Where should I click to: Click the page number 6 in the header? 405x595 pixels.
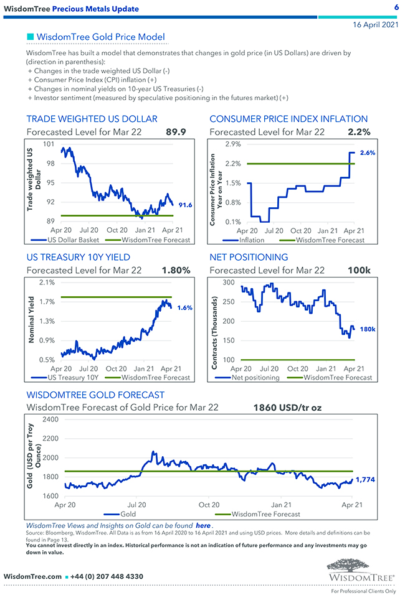(x=396, y=7)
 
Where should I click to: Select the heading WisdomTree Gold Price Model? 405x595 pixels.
(x=101, y=37)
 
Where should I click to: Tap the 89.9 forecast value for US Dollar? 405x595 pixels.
(x=176, y=132)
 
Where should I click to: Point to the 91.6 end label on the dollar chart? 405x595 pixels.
(x=184, y=205)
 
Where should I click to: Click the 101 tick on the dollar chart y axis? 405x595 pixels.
(x=48, y=144)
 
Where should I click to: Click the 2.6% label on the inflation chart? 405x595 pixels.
(x=368, y=152)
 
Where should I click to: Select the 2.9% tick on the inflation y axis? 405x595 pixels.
(x=232, y=144)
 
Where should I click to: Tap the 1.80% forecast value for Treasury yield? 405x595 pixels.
(x=176, y=270)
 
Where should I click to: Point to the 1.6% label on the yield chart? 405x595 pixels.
(x=184, y=307)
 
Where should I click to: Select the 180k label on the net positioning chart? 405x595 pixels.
(x=367, y=329)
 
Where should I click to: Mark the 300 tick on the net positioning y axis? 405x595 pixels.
(x=227, y=283)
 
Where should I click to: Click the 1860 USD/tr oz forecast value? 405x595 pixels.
(x=287, y=408)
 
